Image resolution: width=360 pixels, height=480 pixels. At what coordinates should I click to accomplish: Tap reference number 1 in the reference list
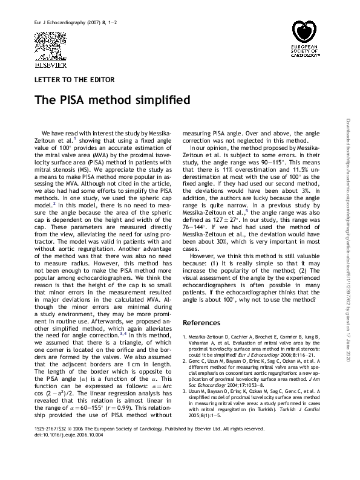(184, 336)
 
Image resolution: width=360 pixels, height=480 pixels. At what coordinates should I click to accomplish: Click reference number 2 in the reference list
(184, 359)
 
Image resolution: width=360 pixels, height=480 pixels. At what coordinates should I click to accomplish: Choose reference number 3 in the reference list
(184, 393)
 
